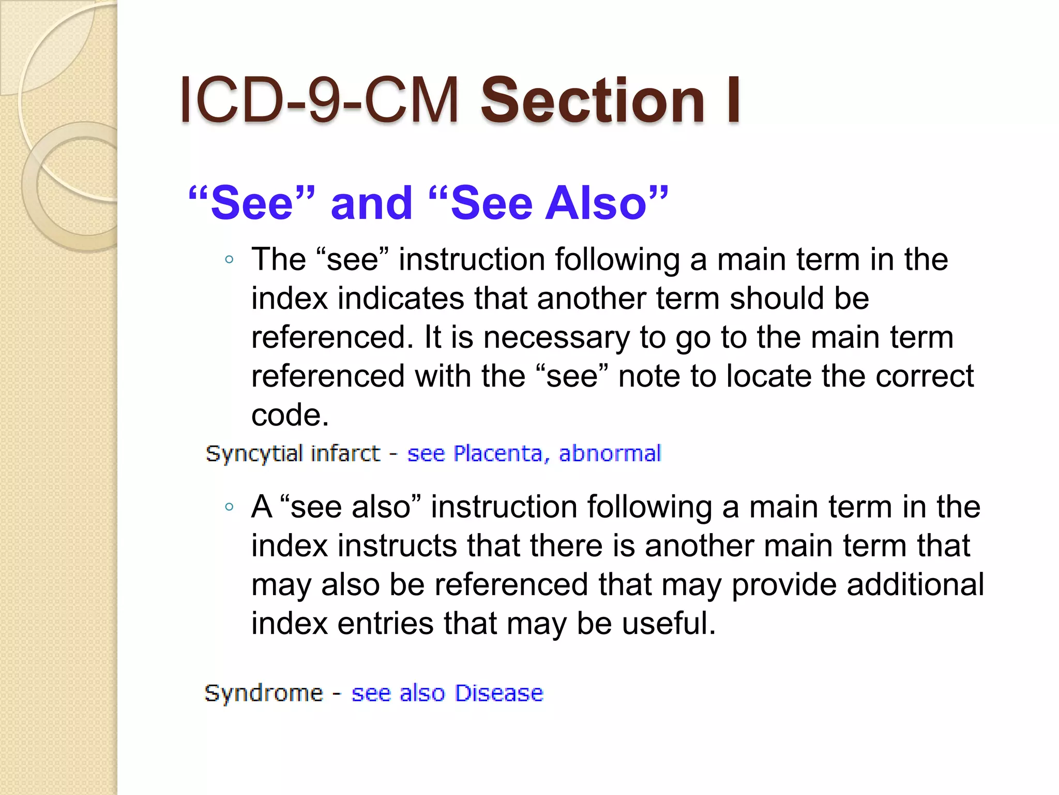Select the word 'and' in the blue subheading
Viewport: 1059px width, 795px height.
pos(372,203)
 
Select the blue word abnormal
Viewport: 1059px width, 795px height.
pos(610,454)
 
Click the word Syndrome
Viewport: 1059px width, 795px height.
pos(264,693)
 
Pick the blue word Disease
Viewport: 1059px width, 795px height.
pos(500,693)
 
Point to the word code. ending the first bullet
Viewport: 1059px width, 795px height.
pos(290,415)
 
